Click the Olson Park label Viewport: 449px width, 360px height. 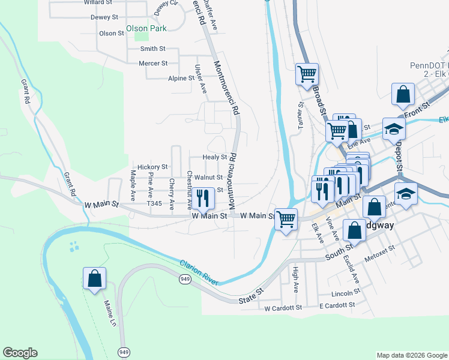[146, 28]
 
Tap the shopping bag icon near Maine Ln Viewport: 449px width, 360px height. [94, 278]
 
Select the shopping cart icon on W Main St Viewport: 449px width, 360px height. [286, 219]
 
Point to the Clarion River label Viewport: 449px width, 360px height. [200, 272]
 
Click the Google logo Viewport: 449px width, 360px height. [20, 353]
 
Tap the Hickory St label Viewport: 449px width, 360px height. [152, 167]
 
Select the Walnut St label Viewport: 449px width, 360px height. [208, 178]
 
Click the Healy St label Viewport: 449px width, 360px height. [214, 157]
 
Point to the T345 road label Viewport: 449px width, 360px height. [155, 204]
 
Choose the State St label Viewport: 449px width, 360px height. [251, 298]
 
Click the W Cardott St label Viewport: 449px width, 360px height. [283, 308]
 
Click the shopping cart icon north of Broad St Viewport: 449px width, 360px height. [307, 74]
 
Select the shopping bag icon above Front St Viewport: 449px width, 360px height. [402, 94]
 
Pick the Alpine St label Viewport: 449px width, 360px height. [181, 78]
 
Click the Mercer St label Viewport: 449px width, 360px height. [153, 63]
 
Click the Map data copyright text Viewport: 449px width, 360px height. [411, 355]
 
